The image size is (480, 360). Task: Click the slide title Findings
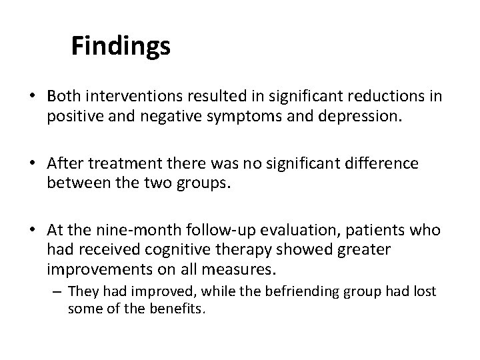[121, 46]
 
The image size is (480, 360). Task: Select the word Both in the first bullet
[63, 96]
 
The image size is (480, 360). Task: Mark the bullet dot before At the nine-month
[32, 230]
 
